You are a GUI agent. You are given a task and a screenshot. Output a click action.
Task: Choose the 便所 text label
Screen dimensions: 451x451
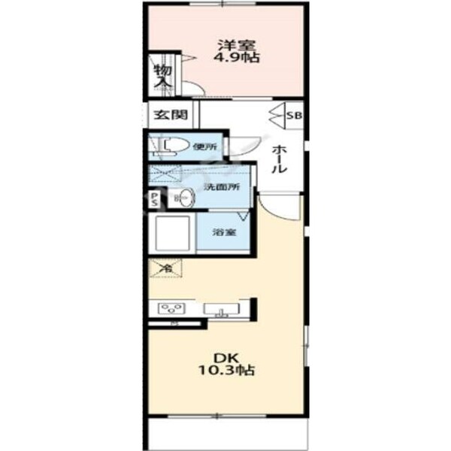click(204, 147)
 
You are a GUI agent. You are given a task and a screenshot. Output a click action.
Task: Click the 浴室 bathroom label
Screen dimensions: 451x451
click(224, 232)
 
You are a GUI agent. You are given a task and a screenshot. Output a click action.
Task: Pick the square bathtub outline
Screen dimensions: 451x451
click(173, 233)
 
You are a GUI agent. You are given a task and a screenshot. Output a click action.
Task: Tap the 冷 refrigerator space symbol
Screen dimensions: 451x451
click(165, 266)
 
